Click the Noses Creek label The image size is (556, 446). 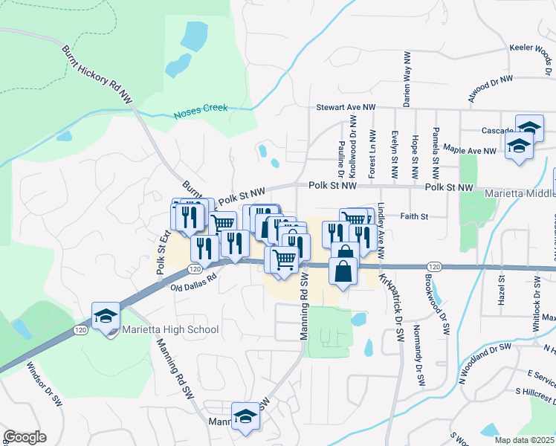pos(200,111)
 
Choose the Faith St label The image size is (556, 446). pos(416,217)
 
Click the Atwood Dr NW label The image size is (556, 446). pos(491,87)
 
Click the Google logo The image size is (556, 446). pos(25,437)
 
